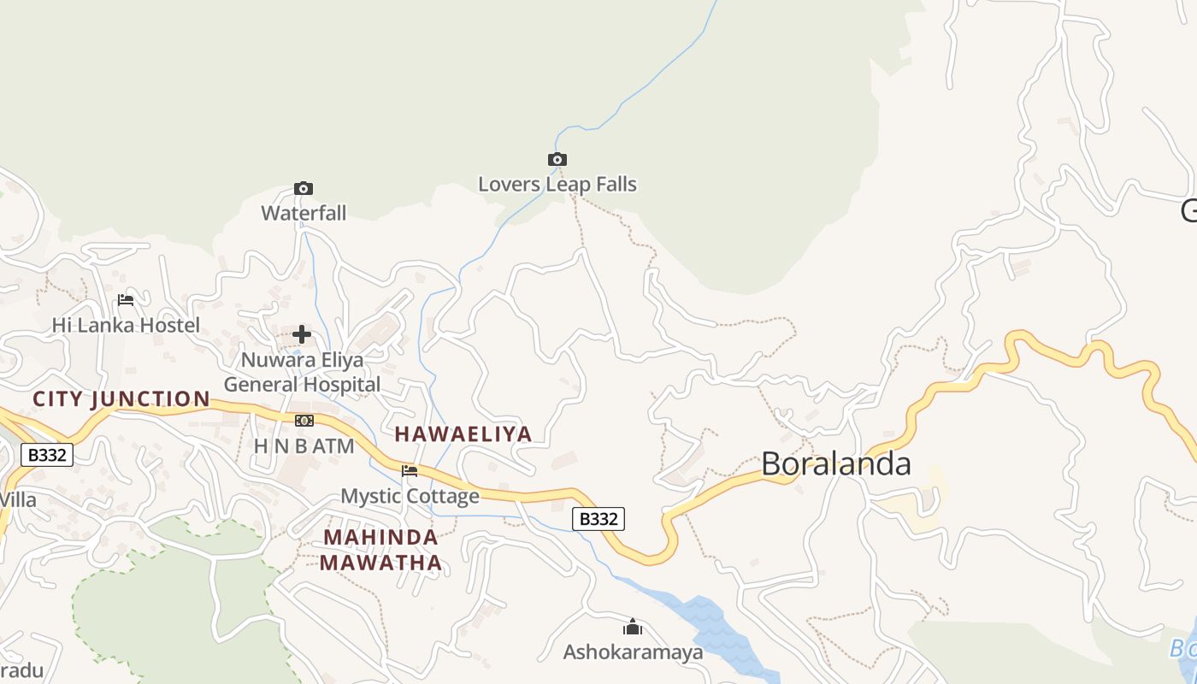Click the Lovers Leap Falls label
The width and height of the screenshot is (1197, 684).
pos(557,184)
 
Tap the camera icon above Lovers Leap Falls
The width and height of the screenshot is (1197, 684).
pos(557,159)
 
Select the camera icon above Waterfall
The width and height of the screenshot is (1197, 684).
pos(303,188)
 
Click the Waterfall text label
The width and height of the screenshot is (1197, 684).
pos(304,213)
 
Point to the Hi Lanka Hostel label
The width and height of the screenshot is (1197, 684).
pos(126,325)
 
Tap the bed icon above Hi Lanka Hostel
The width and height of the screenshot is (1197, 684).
pos(126,300)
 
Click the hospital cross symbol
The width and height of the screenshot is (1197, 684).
pos(302,334)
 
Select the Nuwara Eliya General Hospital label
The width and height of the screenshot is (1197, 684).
pos(302,372)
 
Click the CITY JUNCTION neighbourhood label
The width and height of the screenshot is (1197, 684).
pos(121,398)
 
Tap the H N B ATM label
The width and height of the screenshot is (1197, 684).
pos(304,445)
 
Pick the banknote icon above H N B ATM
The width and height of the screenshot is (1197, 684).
pos(304,421)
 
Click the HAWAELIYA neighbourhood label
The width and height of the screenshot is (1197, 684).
pos(463,433)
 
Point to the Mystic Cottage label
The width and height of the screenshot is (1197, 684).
pos(410,496)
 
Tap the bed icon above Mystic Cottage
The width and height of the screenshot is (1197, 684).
pos(410,470)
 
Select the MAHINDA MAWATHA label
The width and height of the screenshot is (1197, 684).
pos(381,550)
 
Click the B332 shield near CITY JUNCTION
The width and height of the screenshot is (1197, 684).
pos(47,455)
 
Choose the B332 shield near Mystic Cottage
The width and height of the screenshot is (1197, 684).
pos(598,518)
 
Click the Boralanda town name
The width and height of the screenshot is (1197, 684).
pos(835,463)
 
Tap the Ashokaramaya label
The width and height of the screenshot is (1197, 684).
pos(633,652)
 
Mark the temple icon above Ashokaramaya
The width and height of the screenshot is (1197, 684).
pos(633,628)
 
